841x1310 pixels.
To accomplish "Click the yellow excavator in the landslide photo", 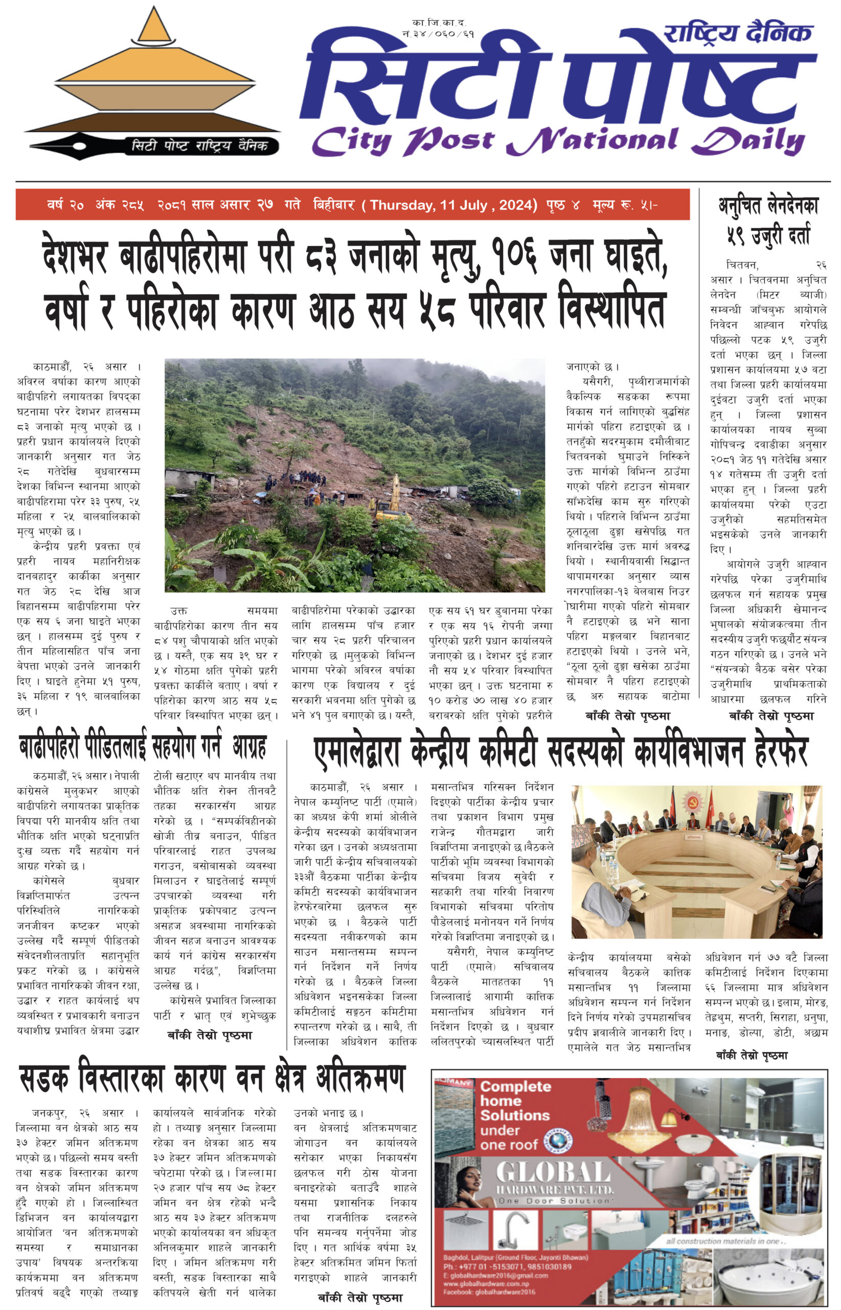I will pyautogui.click(x=392, y=501).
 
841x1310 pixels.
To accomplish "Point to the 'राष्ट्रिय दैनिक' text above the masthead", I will pyautogui.click(x=737, y=34).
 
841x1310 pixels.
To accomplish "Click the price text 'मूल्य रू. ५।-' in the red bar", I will pyautogui.click(x=625, y=205).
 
